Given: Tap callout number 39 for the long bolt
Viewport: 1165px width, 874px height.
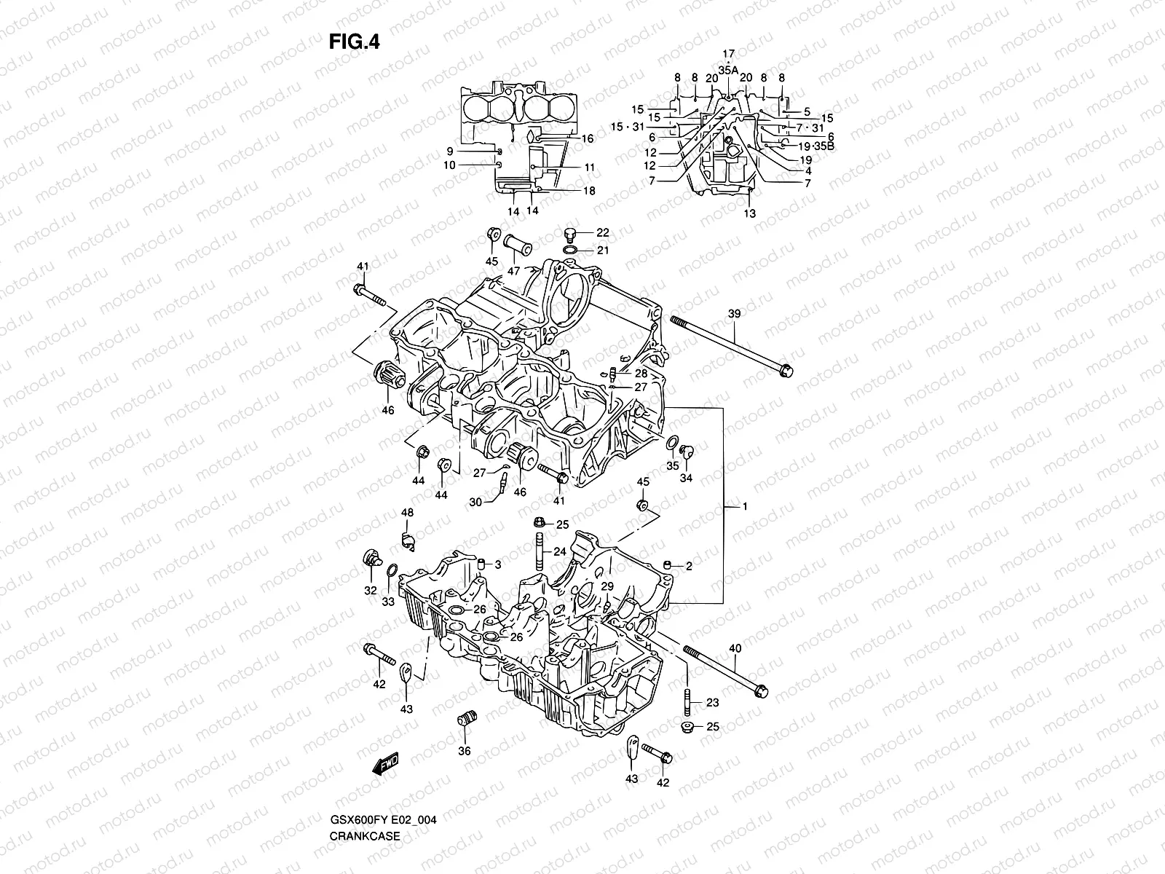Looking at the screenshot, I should pos(734,313).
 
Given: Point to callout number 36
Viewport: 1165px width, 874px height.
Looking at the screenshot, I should pos(465,751).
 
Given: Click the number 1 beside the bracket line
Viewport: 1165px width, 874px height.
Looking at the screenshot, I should pos(744,505).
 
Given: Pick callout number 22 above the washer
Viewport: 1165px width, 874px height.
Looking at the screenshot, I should pos(602,233).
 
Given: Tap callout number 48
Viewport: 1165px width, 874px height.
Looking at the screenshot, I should pos(407,513).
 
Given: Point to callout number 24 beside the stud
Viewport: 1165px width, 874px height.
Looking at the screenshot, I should pos(559,552).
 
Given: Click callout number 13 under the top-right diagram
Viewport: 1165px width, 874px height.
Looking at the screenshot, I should pos(750,213).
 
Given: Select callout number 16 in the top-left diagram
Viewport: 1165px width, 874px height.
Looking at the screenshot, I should pos(588,138).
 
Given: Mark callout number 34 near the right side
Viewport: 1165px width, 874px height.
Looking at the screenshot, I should pos(686,479).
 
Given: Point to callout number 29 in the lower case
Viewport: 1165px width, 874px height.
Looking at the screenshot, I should pos(607,586).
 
